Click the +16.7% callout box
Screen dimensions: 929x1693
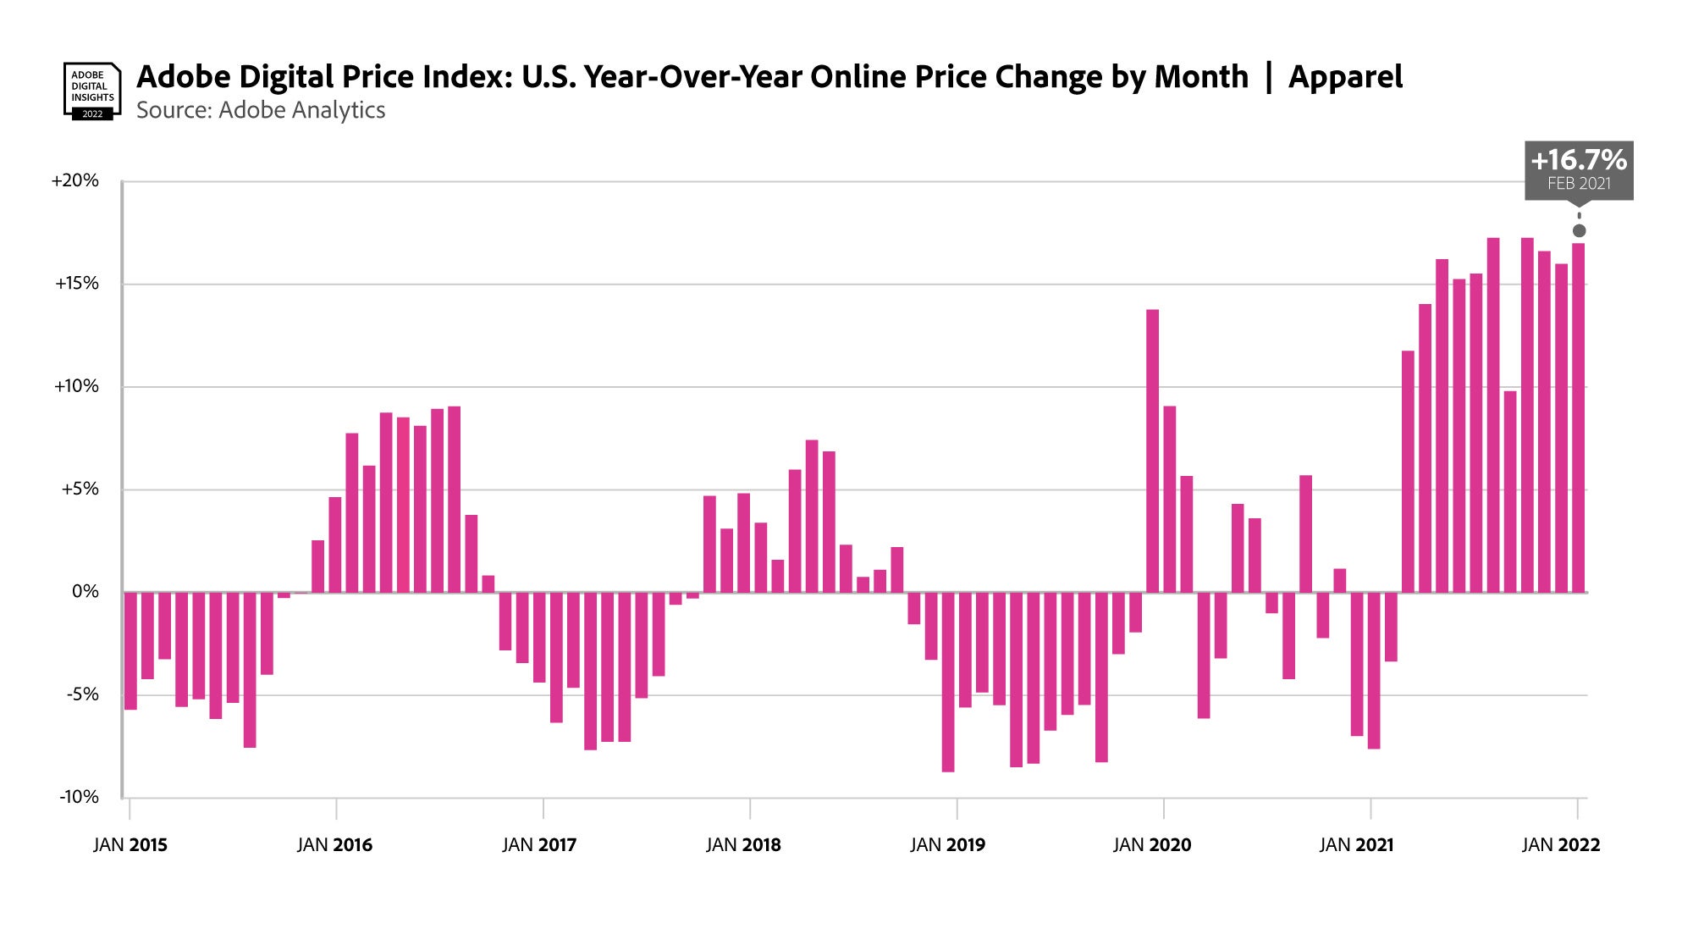point(1579,170)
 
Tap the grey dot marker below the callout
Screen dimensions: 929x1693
point(1579,231)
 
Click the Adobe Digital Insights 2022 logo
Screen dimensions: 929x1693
point(92,91)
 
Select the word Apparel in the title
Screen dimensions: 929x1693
point(1345,77)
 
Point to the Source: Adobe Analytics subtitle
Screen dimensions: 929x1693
point(261,111)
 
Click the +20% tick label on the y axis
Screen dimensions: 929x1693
point(75,180)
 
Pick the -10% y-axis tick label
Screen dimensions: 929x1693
point(79,797)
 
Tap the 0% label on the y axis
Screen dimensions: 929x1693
point(85,591)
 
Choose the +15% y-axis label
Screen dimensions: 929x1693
point(77,284)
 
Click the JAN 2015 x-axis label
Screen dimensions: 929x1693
point(130,845)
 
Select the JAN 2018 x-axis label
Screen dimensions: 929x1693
point(743,845)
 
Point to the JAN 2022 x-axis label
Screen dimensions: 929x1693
point(1561,845)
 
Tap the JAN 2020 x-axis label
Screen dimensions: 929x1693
point(1152,845)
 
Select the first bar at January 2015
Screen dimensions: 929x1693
point(130,650)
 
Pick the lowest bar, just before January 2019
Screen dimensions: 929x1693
point(948,682)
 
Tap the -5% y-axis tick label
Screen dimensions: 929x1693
point(82,694)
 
